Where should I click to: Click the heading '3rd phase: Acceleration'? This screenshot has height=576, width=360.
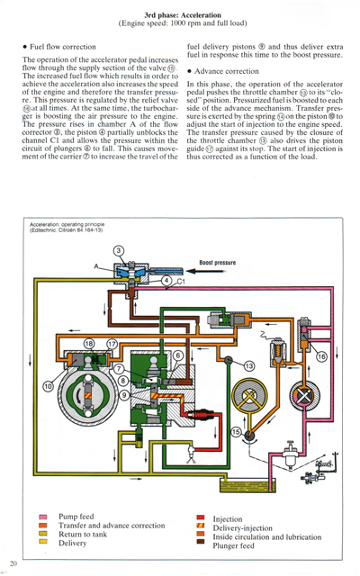click(x=179, y=13)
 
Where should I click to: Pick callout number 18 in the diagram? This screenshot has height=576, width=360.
click(x=88, y=345)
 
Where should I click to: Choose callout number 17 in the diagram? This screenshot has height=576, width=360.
click(x=112, y=345)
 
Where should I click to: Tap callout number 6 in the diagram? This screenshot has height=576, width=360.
click(x=178, y=355)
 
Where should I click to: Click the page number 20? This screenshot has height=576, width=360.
click(x=13, y=563)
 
